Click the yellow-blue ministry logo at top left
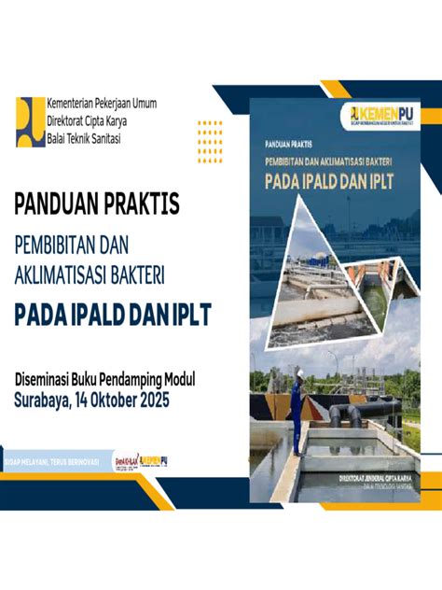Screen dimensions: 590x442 tap(30, 121)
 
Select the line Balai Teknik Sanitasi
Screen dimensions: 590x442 tap(89, 138)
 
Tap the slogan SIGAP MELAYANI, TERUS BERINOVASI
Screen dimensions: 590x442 tap(53, 462)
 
